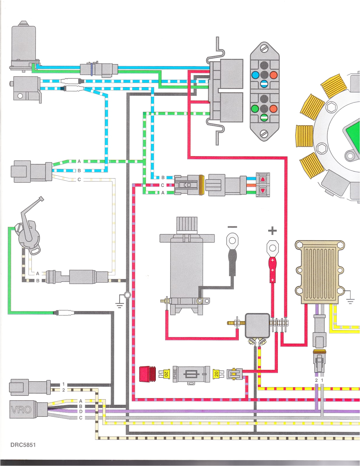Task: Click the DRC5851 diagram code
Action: [x=23, y=445]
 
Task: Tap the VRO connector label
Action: [x=21, y=410]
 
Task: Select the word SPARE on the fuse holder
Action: [x=175, y=374]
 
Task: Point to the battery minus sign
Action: [x=232, y=227]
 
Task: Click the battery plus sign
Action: [x=272, y=231]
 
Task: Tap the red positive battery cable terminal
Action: [x=272, y=270]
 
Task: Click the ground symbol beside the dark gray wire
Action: [x=119, y=305]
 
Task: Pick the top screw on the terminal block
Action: [x=264, y=48]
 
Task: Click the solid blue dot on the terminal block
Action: [x=255, y=75]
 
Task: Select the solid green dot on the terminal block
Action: [x=255, y=109]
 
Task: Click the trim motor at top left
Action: [x=24, y=47]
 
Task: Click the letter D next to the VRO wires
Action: [x=81, y=412]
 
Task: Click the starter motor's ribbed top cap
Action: [x=187, y=225]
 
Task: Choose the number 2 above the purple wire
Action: [x=316, y=380]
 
